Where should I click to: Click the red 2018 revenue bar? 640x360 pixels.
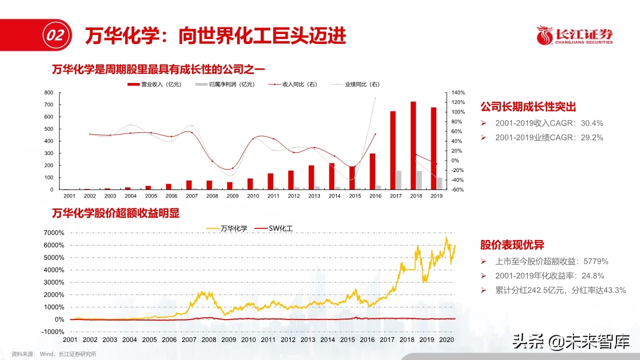[x=413, y=145]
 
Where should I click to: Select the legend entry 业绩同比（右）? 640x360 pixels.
[x=356, y=84]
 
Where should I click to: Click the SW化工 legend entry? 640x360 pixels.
[x=274, y=228]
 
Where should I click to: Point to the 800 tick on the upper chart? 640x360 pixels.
[x=49, y=93]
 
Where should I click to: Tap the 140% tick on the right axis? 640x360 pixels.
[x=458, y=93]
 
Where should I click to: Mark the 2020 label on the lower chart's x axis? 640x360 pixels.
[x=446, y=339]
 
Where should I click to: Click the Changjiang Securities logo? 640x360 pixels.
[x=574, y=35]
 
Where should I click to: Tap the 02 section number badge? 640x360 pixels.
[x=55, y=35]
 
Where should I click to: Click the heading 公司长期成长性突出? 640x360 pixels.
[x=528, y=107]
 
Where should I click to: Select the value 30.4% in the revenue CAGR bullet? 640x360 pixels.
[x=591, y=123]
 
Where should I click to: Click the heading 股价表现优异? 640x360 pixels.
[x=512, y=245]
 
